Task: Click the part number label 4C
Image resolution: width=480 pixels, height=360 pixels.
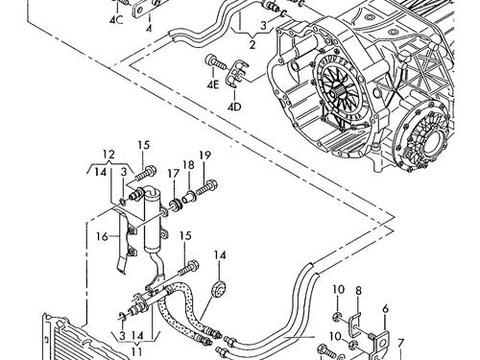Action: pos(116,19)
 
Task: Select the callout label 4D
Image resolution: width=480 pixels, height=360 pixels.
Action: pos(233,106)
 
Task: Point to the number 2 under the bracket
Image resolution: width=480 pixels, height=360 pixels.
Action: pos(252,42)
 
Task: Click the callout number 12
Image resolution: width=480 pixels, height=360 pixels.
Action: pos(109,154)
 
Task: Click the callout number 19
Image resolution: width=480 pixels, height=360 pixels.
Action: pos(204,156)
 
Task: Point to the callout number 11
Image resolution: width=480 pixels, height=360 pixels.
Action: pos(135,350)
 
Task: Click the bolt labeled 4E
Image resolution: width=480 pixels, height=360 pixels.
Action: pos(210,64)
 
